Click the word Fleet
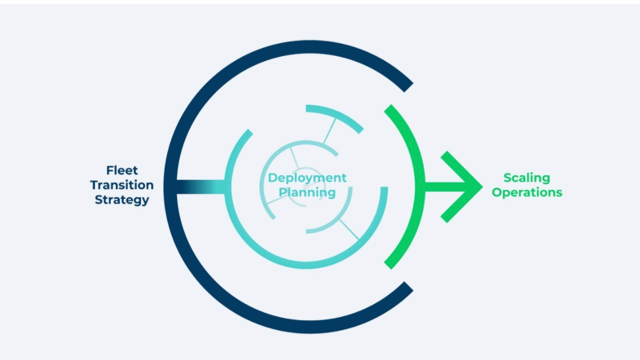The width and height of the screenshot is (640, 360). pyautogui.click(x=122, y=171)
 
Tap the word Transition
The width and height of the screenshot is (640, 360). pyautogui.click(x=122, y=185)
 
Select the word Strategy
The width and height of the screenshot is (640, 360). pyautogui.click(x=122, y=200)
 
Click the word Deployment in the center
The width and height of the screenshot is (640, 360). pyautogui.click(x=307, y=178)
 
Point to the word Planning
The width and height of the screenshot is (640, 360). pyautogui.click(x=307, y=192)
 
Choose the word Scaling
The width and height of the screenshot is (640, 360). pyautogui.click(x=527, y=178)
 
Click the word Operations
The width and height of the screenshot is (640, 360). pyautogui.click(x=527, y=192)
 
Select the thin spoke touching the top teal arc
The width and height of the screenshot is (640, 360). pyautogui.click(x=328, y=131)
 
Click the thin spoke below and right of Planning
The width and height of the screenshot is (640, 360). pyautogui.click(x=348, y=229)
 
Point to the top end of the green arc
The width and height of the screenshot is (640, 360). pyautogui.click(x=388, y=108)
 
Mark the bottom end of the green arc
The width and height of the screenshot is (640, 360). pyautogui.click(x=388, y=264)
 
